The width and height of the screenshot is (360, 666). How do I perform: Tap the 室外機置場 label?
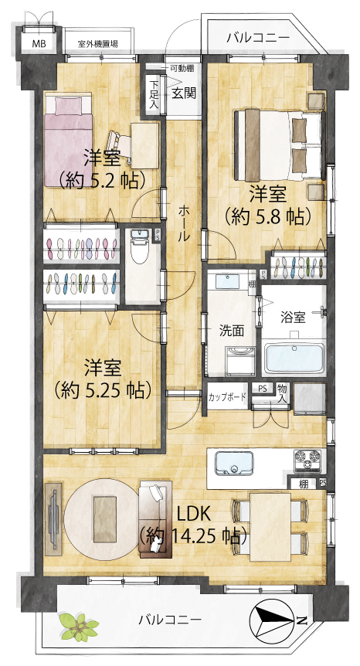[x=98, y=44]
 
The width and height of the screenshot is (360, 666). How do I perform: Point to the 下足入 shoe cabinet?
[x=154, y=96]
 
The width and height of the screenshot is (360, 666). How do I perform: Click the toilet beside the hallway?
[x=139, y=249]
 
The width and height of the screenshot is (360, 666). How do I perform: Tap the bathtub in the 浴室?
[x=294, y=358]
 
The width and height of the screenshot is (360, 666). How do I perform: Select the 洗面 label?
[x=231, y=331]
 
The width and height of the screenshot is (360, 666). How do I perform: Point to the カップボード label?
[x=227, y=398]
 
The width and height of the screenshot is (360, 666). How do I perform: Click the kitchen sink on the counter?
[x=234, y=463]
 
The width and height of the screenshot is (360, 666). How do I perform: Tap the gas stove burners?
[x=307, y=460]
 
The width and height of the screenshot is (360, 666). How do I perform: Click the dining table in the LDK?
[x=270, y=527]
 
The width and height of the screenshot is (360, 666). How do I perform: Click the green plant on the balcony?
[x=79, y=626]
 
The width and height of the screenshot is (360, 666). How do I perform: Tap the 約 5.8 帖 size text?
[x=267, y=217]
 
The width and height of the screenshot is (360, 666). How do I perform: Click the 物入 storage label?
[x=282, y=394]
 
